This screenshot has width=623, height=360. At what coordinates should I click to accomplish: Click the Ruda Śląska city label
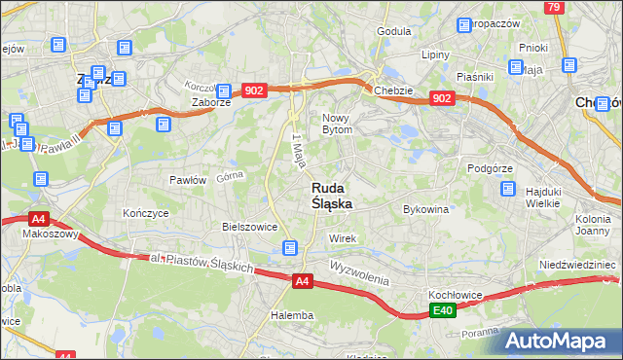pos(332,196)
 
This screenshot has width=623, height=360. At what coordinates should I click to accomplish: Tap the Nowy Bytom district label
pos(342,123)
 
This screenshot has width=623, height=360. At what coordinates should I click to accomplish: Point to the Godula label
pos(393,31)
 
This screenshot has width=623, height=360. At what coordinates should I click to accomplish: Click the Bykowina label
pos(425,209)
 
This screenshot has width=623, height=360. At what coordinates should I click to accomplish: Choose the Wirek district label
pos(343,238)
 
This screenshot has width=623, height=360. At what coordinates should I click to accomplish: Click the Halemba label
pos(292,315)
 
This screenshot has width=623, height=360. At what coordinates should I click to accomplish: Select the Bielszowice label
pos(250,227)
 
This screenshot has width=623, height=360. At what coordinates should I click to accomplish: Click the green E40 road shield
pos(443,310)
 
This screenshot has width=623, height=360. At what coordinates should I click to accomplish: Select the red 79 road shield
pos(553,7)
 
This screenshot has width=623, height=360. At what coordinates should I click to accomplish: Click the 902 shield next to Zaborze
pos(254,90)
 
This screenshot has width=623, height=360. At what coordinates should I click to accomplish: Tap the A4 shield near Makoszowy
pos(38,219)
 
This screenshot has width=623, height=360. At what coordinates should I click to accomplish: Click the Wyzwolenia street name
pos(359,271)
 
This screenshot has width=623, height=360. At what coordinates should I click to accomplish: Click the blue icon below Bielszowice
pos(290,248)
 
